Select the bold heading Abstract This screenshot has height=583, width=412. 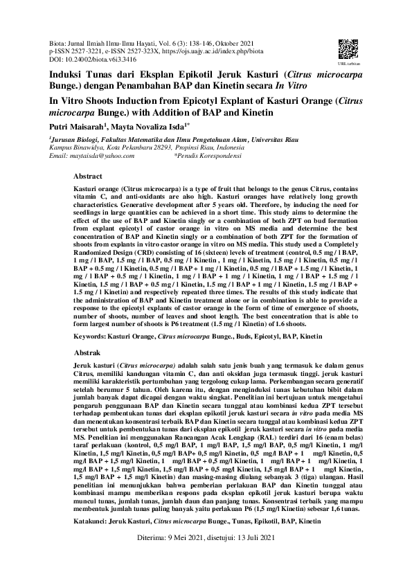87,177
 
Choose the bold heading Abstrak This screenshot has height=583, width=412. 87,352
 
